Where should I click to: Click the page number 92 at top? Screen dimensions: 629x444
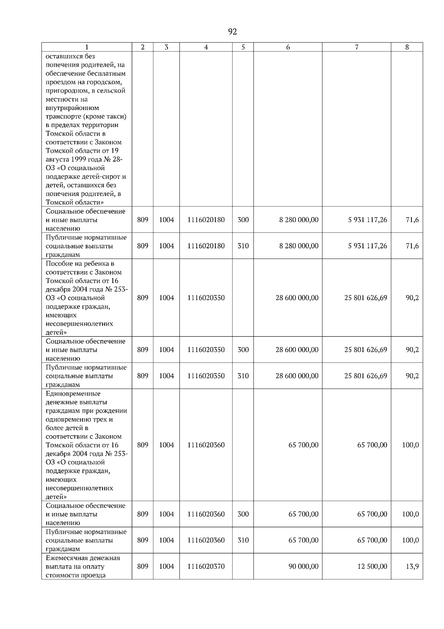pos(232,32)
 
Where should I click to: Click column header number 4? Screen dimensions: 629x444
pos(206,47)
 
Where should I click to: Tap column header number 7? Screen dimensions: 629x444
pos(356,47)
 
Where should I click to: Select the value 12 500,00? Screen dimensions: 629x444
pos(372,566)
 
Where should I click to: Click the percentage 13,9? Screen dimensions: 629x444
pos(412,566)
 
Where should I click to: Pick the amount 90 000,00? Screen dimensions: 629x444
pos(303,566)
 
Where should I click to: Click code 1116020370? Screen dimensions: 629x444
pos(206,566)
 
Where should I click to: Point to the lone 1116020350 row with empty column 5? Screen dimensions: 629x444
pos(206,298)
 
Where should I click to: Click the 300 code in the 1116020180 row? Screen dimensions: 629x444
pos(243,220)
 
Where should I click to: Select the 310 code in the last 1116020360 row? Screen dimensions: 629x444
pos(243,540)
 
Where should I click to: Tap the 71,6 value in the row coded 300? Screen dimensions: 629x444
pos(412,220)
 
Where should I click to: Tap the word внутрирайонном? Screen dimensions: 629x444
pos(72,108)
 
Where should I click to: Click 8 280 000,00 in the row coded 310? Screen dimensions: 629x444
pos(299,246)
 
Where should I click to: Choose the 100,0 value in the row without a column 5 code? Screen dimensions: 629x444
pos(410,445)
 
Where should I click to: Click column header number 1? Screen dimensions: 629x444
pos(87,47)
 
